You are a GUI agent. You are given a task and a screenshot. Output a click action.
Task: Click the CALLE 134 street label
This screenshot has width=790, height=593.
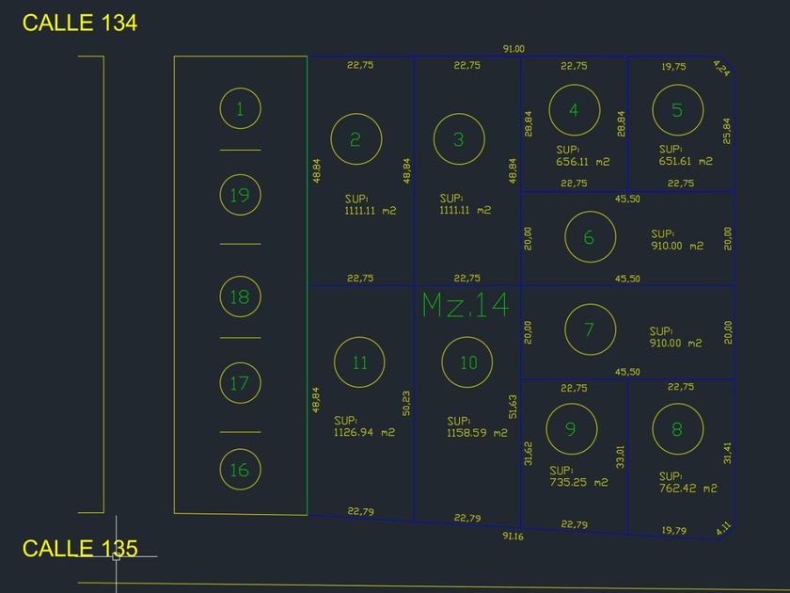click(x=80, y=24)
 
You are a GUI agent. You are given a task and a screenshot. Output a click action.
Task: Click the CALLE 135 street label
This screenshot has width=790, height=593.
click(x=80, y=548)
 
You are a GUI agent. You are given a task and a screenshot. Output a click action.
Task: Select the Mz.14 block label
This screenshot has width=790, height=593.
click(x=466, y=305)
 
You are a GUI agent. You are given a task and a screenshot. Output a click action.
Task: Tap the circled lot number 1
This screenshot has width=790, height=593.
click(x=240, y=109)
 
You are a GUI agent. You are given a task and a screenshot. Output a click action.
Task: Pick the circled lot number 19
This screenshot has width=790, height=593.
click(x=240, y=195)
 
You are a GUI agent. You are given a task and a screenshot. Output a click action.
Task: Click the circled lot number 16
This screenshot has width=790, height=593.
click(x=240, y=469)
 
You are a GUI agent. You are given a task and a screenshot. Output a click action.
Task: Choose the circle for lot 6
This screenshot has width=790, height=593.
click(x=589, y=236)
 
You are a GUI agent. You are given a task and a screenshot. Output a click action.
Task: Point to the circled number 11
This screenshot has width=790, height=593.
click(x=360, y=362)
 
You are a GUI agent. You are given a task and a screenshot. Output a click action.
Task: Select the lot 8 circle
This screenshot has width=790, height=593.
click(x=677, y=429)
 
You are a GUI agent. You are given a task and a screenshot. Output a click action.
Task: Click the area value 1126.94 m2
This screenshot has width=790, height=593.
click(x=364, y=433)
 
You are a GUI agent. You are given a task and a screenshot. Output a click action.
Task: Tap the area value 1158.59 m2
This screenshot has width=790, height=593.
click(x=477, y=433)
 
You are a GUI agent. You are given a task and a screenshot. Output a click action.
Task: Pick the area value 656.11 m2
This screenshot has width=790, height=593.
click(x=583, y=162)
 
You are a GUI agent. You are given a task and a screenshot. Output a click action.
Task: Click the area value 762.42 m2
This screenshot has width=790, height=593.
click(x=688, y=488)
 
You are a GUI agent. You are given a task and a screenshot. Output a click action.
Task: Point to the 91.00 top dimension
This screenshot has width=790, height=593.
click(x=513, y=49)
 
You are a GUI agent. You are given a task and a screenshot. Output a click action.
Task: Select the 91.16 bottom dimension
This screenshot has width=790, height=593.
click(x=513, y=537)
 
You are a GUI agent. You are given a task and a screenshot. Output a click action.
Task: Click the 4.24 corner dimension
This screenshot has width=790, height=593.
click(x=721, y=67)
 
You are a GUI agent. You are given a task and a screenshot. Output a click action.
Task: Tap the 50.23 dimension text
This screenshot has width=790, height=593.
click(x=406, y=403)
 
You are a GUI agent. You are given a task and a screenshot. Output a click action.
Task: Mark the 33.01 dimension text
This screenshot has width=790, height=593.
click(x=620, y=457)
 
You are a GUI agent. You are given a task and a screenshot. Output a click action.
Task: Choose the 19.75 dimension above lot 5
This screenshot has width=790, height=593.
click(x=673, y=67)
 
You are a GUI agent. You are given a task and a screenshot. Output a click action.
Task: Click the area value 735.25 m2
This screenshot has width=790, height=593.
click(x=578, y=482)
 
